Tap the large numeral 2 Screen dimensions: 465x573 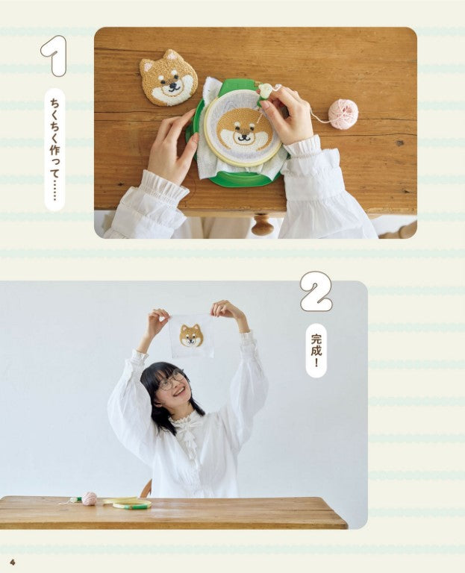click(x=316, y=291)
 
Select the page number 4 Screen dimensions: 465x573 click(x=13, y=561)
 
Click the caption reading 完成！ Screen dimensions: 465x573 click(x=316, y=350)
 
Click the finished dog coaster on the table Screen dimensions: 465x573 click(x=169, y=78)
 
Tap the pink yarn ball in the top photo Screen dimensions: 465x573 click(x=343, y=114)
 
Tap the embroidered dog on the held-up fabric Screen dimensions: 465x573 click(x=191, y=336)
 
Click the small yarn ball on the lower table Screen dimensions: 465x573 click(x=90, y=498)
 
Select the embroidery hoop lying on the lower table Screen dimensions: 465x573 click(x=128, y=503)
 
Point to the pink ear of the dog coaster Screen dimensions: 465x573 click(x=149, y=67)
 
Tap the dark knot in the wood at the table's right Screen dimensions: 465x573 click(x=400, y=143)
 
